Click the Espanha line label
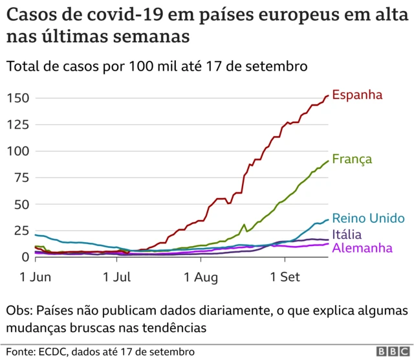357,95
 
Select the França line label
352,159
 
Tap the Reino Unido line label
368,218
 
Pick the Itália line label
347,234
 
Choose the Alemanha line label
363,248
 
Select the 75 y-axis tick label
21,178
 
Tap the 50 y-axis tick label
21,205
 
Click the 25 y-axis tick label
21,231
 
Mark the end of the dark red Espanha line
328,96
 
